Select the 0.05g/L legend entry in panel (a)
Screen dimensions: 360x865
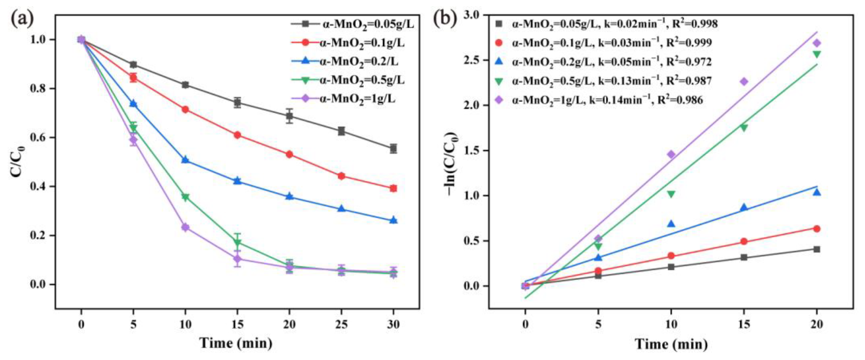coord(353,24)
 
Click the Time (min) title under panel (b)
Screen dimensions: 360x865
coord(671,344)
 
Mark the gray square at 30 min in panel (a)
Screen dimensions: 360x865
coord(393,148)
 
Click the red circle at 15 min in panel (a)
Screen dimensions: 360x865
coord(237,135)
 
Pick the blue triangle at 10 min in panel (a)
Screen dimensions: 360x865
coord(185,160)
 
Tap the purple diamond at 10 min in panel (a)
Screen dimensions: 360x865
coord(185,227)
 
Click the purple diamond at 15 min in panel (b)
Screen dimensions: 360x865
coord(744,82)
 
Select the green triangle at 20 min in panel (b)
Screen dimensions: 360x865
coord(817,54)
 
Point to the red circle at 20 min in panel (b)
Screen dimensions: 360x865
coord(817,229)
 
